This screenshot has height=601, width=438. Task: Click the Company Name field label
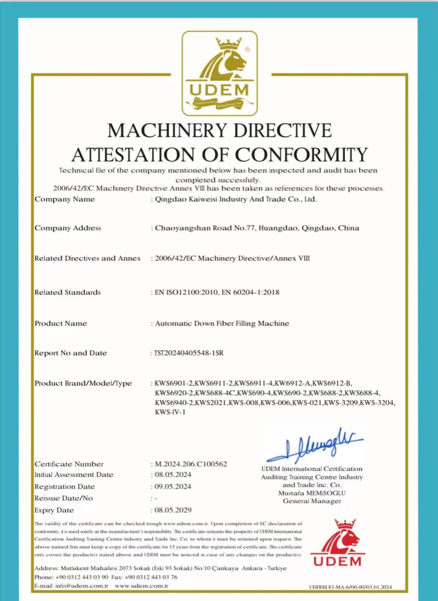pos(65,199)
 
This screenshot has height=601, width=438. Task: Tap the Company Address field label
pos(68,228)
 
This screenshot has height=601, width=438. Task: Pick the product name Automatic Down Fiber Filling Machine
pos(222,323)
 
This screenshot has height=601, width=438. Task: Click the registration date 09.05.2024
pos(172,487)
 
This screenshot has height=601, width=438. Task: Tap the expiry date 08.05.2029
pos(172,510)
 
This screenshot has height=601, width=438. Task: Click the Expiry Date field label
pos(54,510)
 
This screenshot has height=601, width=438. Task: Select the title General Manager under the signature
pos(312,501)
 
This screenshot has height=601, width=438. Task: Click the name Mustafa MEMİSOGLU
pos(312,493)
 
